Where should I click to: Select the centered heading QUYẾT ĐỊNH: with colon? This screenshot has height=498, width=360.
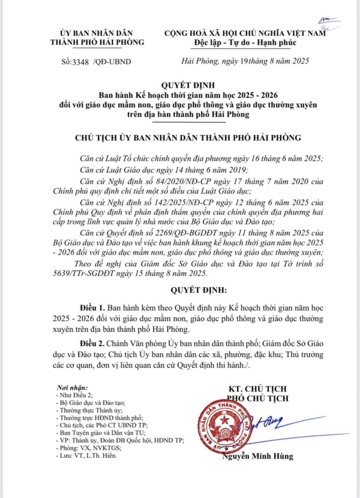tap(192, 289)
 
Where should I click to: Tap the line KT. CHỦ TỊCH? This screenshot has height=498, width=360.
tap(257, 388)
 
